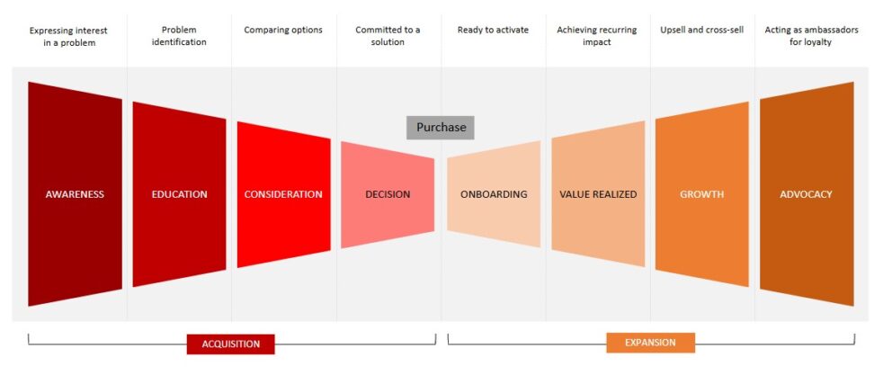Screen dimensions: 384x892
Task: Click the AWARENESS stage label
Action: click(75, 194)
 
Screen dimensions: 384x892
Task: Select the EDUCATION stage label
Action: click(179, 194)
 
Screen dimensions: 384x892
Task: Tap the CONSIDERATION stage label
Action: click(283, 194)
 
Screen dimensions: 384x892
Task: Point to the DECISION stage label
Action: click(388, 194)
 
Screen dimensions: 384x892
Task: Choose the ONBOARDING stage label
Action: click(494, 194)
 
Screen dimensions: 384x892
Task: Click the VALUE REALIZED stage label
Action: click(598, 194)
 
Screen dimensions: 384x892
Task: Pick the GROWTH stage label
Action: click(701, 194)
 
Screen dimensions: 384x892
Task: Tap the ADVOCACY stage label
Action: click(806, 194)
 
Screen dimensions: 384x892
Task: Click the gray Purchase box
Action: click(441, 128)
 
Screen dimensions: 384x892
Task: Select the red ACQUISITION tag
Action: click(230, 344)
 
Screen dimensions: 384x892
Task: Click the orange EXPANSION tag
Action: click(650, 343)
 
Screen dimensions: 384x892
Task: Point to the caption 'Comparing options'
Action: click(283, 30)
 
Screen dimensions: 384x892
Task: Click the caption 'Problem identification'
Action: click(179, 36)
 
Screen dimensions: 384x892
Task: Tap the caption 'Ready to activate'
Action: click(493, 30)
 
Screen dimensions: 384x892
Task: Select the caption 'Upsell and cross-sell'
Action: click(701, 30)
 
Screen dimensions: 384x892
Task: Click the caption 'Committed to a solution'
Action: click(388, 36)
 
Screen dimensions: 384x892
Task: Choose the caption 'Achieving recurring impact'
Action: click(598, 36)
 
